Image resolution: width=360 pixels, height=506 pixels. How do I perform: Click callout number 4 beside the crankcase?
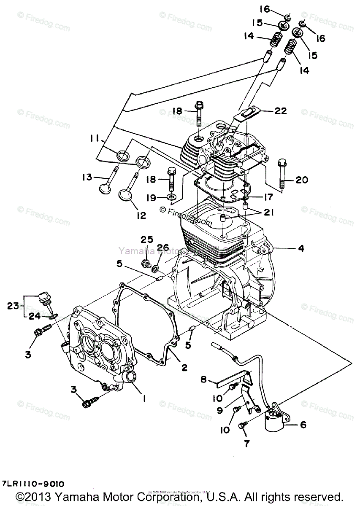[x=300, y=248]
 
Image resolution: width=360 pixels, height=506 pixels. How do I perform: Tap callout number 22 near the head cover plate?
[x=280, y=111]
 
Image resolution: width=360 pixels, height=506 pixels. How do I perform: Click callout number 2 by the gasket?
[x=184, y=367]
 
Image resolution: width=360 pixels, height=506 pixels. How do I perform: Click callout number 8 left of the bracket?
[x=203, y=379]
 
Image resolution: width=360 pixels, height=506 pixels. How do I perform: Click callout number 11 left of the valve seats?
[x=95, y=138]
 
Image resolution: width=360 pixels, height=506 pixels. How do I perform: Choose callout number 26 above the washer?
[x=163, y=247]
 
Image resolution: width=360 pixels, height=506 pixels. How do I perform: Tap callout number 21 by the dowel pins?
[x=268, y=213]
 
